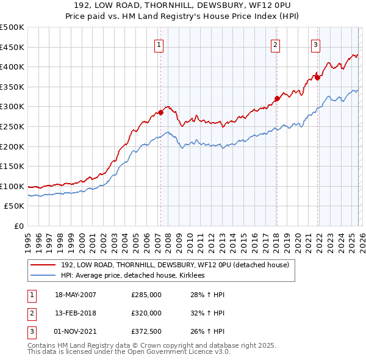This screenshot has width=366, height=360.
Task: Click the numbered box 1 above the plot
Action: tap(159, 44)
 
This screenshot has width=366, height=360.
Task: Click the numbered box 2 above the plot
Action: tap(275, 44)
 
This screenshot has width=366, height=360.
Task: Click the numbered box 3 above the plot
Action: tap(316, 44)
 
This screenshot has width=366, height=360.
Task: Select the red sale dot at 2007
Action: tap(161, 112)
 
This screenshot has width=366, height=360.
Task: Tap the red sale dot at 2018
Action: tap(277, 98)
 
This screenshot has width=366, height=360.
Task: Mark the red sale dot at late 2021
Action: tap(318, 77)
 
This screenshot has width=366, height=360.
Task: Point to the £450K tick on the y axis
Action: tap(12, 47)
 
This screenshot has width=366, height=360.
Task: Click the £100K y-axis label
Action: tap(12, 186)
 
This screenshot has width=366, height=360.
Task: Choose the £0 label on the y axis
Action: tap(20, 226)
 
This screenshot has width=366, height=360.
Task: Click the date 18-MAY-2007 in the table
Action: tap(76, 295)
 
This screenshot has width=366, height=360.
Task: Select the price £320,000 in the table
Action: tap(146, 313)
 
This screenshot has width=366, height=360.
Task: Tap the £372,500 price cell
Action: tap(146, 331)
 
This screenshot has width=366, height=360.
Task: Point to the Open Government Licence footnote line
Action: tap(129, 353)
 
